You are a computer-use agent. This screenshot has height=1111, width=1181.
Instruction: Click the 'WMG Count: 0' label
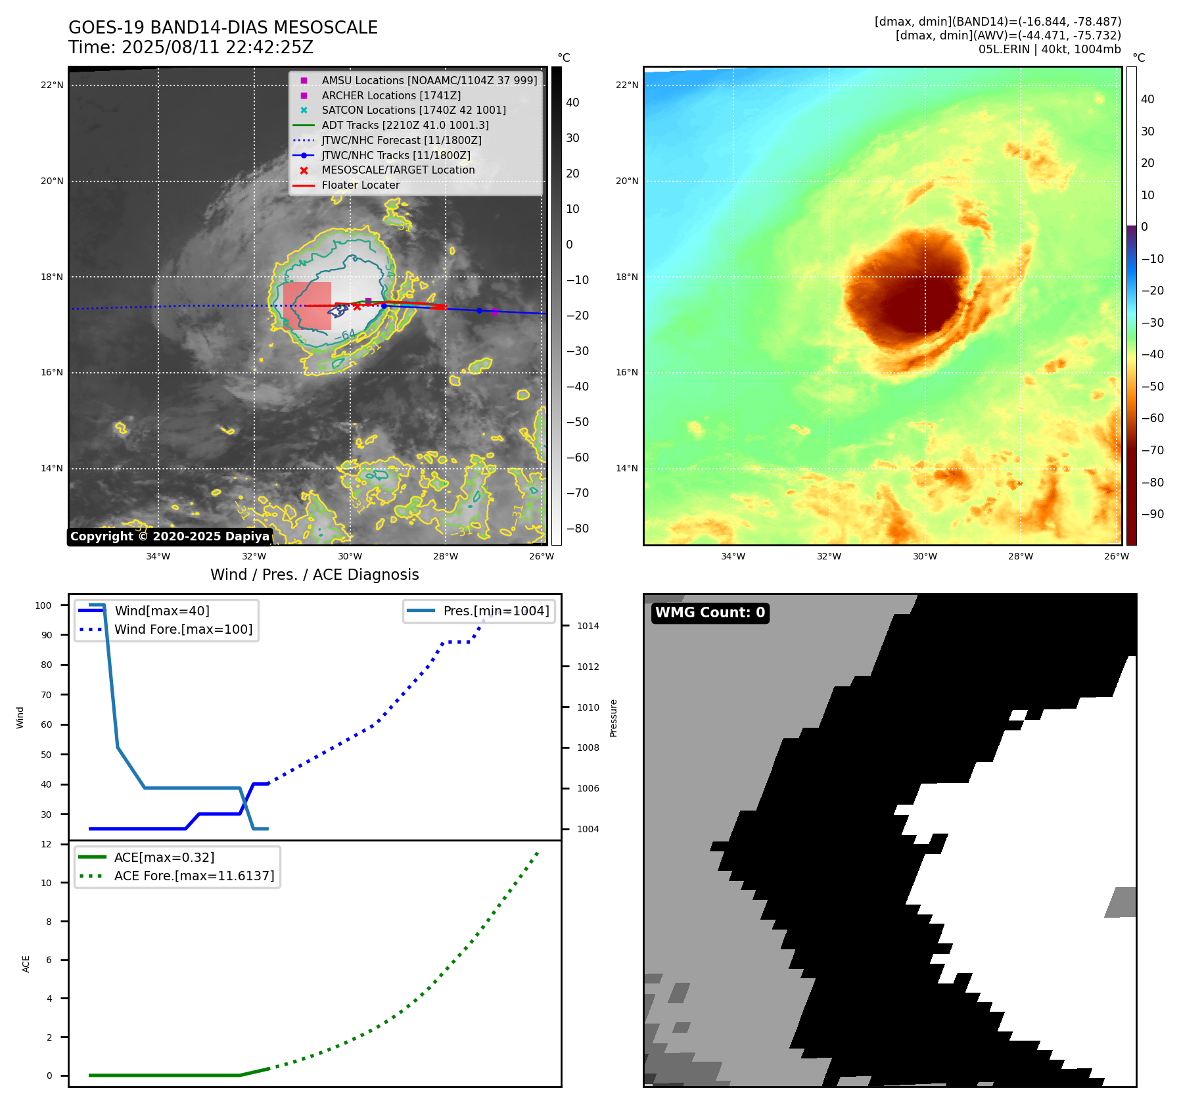tap(710, 613)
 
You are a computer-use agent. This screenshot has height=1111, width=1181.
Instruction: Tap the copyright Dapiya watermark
tap(170, 536)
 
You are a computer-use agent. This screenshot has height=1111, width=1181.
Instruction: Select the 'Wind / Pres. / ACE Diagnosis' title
tap(314, 575)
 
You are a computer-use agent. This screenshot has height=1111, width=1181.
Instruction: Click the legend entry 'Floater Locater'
tap(360, 185)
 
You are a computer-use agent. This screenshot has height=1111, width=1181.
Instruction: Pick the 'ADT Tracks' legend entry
tap(405, 125)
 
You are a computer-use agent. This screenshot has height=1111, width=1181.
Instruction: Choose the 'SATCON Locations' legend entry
tap(413, 110)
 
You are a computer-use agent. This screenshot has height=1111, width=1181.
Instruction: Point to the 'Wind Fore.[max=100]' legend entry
tap(183, 629)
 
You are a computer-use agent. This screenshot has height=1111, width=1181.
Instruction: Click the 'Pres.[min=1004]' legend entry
tap(496, 611)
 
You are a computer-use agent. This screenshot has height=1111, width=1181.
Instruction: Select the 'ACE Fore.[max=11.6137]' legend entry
tap(194, 876)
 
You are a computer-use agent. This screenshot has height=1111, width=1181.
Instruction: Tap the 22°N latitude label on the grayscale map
tap(52, 85)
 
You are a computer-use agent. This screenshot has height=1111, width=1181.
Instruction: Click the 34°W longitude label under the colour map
tap(733, 556)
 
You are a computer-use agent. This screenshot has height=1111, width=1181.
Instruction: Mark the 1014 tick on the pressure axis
tap(588, 626)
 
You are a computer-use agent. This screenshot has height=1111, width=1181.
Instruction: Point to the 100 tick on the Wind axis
tap(43, 605)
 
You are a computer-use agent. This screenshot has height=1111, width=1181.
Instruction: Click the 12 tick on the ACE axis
tap(46, 844)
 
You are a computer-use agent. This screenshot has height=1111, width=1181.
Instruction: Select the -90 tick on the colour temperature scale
tap(1152, 514)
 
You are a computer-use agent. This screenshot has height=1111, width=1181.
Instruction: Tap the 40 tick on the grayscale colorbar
tap(572, 103)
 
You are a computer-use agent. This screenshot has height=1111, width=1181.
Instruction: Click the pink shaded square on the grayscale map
tap(307, 306)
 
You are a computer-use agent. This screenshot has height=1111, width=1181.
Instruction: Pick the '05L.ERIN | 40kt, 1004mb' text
tap(1050, 49)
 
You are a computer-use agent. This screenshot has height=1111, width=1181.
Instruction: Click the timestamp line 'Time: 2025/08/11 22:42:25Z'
tap(191, 47)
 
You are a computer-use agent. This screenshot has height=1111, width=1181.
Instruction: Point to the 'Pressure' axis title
tap(613, 718)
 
